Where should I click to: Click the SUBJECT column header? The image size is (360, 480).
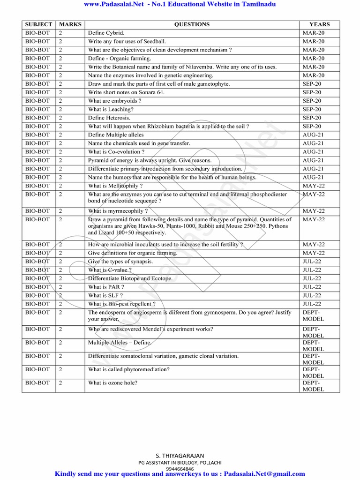pos(38,24)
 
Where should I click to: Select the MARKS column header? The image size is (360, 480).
pos(70,24)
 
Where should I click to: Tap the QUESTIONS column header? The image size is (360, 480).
pos(192,24)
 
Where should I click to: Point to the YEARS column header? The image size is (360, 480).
pos(319,24)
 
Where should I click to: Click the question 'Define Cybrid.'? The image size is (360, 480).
pos(106,33)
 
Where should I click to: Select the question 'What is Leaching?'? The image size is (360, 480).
pos(111,109)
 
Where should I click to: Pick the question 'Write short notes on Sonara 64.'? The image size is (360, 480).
pos(126,92)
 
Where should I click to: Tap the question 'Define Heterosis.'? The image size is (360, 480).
pos(109,118)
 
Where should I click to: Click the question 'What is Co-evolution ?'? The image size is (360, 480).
pos(116,152)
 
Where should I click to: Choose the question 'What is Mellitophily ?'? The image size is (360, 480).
pos(115,186)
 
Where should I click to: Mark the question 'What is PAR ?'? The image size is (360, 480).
pos(106,287)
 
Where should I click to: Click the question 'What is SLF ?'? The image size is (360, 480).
pos(105,295)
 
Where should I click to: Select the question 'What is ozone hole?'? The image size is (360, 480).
pos(112,383)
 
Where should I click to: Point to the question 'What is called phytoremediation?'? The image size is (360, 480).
pos(129,369)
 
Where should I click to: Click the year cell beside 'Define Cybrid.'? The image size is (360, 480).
pos(314,33)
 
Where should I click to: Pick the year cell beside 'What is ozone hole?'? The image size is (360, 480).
pos(314,386)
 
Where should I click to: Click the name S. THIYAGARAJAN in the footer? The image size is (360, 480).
pos(180,456)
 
